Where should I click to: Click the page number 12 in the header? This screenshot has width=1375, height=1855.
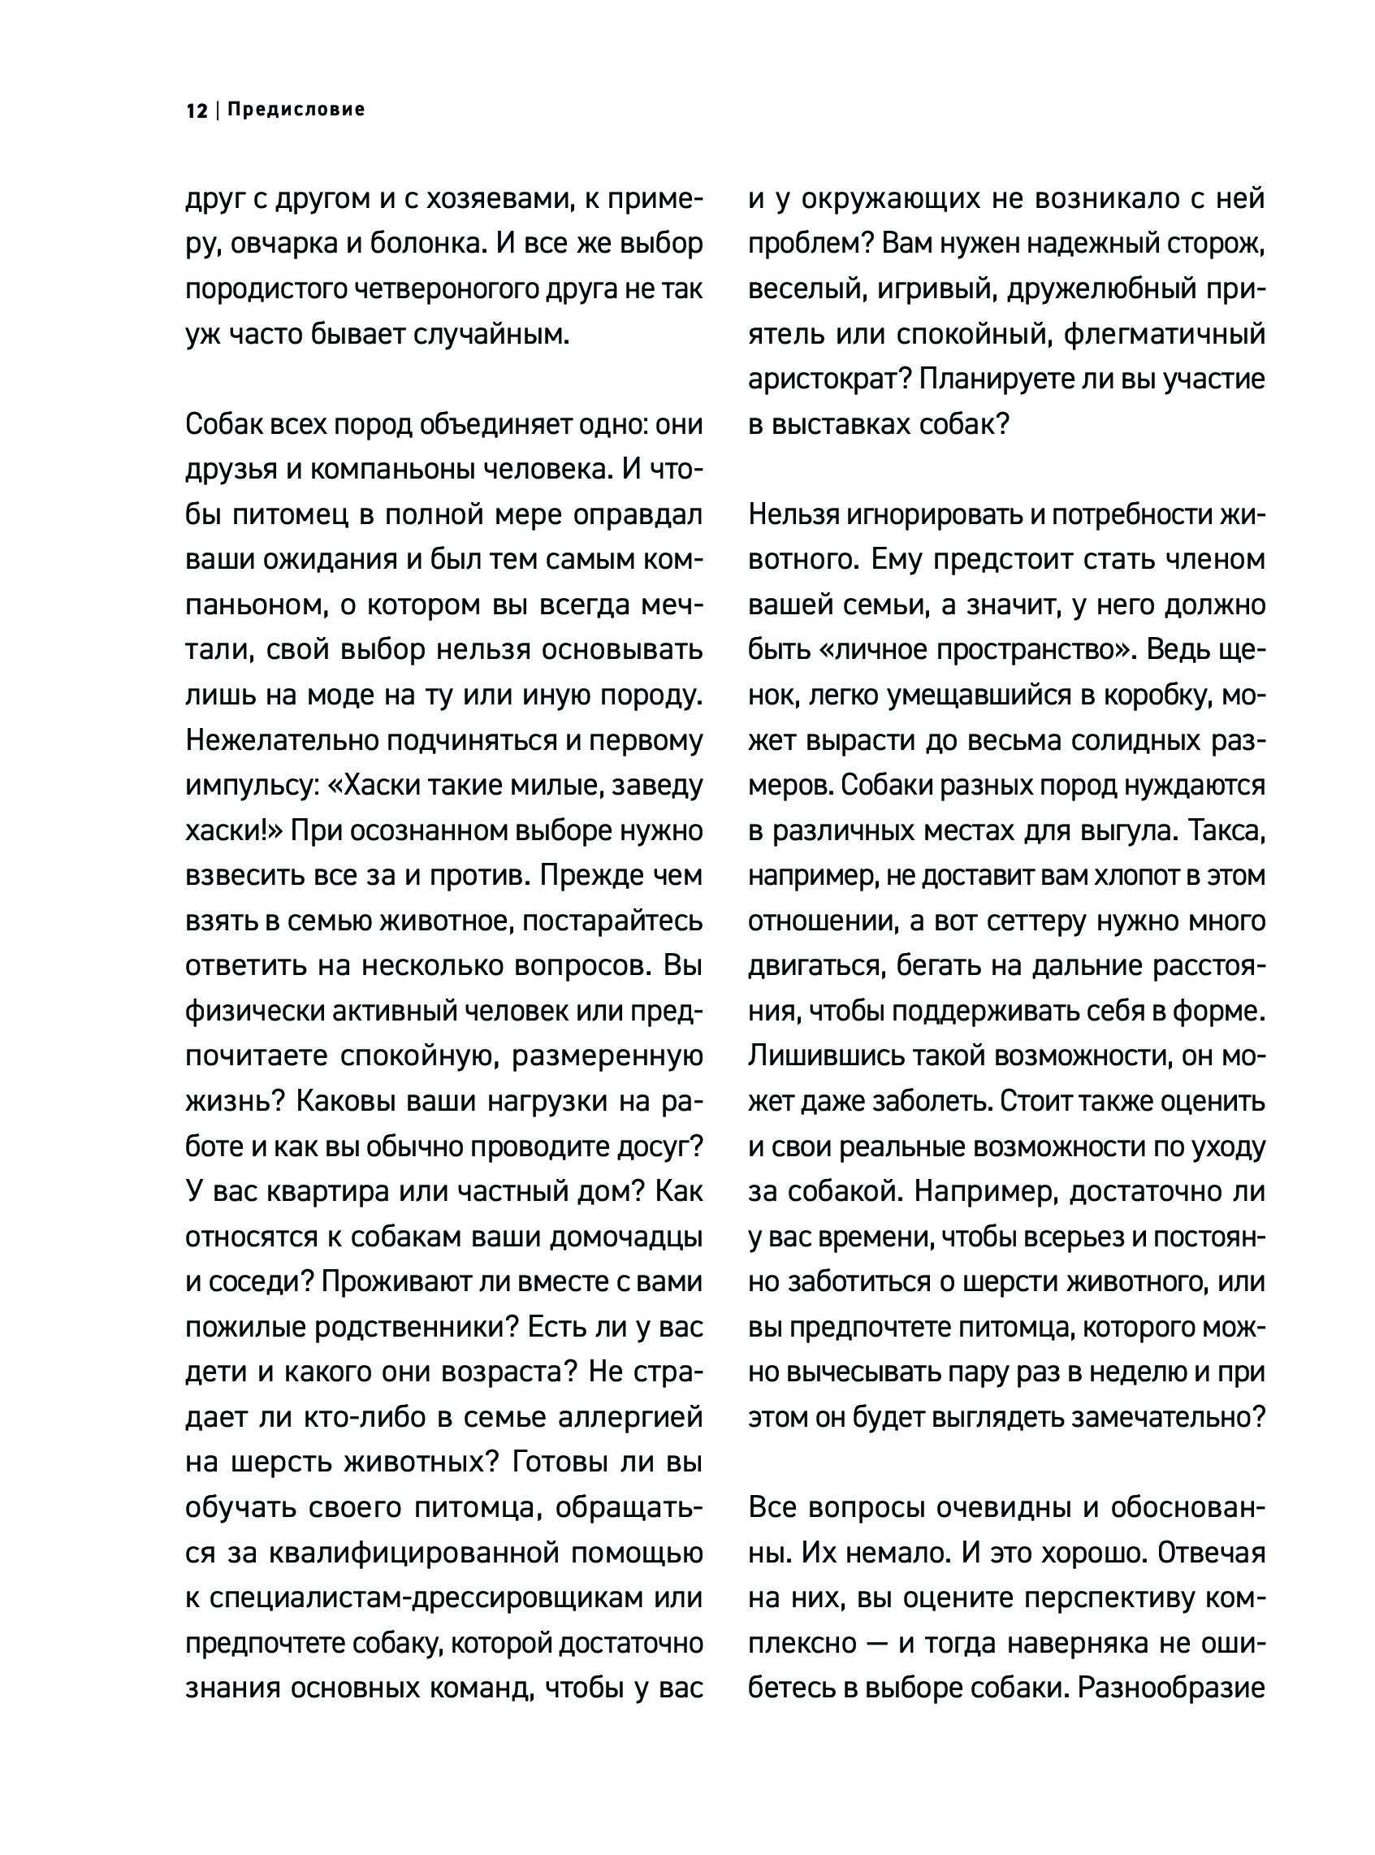click(x=197, y=110)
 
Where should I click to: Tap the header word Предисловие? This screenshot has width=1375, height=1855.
click(x=296, y=110)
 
